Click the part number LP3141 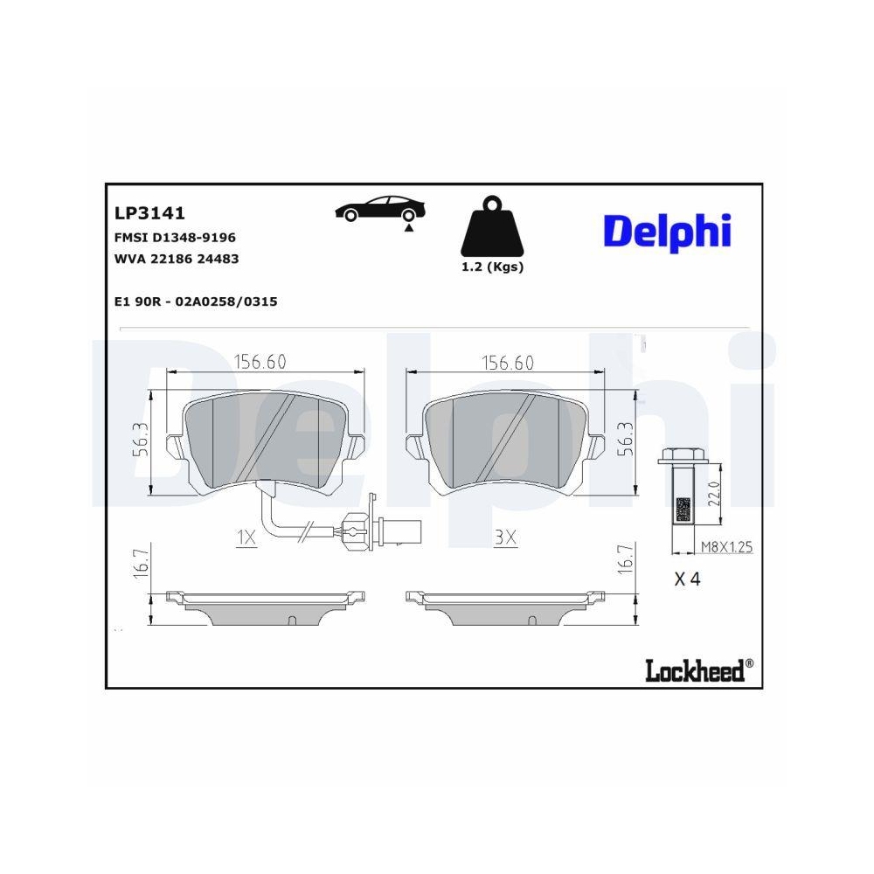(149, 212)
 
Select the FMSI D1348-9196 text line (175, 237)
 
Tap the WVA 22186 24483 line (177, 259)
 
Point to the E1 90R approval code (196, 302)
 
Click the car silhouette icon (381, 210)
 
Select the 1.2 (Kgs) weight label (492, 267)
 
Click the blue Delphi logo (666, 231)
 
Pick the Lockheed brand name (696, 670)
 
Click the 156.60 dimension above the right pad (508, 362)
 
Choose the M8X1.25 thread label (726, 548)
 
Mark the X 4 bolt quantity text (688, 579)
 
